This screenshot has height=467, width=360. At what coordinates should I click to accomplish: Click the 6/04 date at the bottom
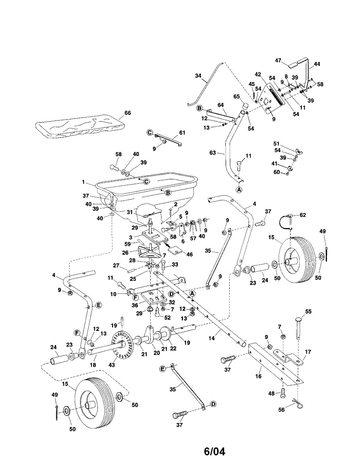click(x=214, y=451)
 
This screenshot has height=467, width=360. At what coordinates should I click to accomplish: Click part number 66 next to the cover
click(x=128, y=113)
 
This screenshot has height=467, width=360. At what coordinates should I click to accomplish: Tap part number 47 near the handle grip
click(x=278, y=60)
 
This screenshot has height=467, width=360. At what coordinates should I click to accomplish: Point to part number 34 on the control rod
click(x=198, y=76)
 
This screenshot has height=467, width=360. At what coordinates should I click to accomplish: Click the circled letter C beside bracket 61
click(x=150, y=133)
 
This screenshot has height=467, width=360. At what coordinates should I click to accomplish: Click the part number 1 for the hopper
click(x=83, y=181)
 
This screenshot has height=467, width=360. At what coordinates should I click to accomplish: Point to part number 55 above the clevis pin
click(x=309, y=311)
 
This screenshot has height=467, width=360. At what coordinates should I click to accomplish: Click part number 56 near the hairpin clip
click(x=282, y=409)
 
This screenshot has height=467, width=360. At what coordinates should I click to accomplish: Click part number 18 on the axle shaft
click(x=93, y=365)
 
